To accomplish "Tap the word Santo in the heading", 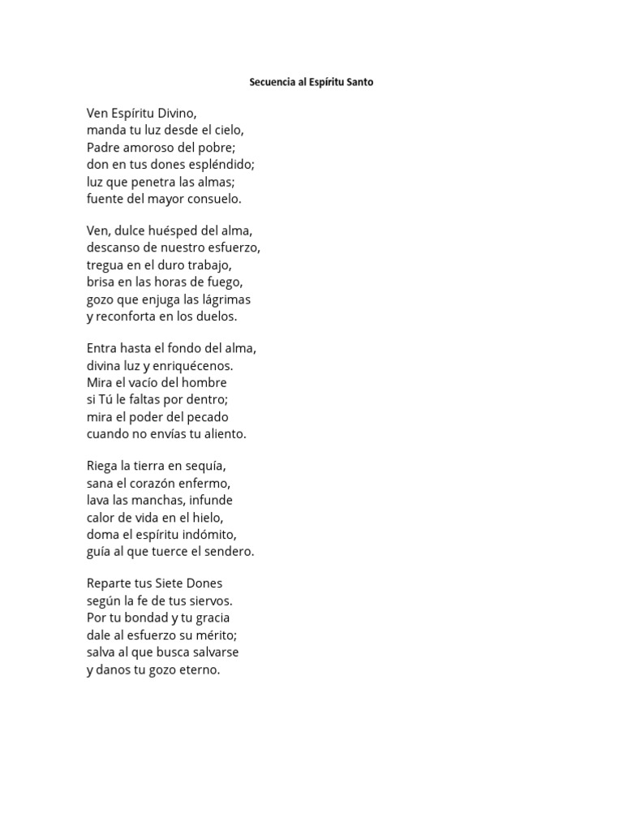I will click(358, 83).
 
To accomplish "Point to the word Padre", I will click(102, 147).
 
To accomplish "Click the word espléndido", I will click(221, 164).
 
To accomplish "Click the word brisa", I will click(101, 282).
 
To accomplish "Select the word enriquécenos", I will click(195, 365).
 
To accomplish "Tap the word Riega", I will click(102, 466).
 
